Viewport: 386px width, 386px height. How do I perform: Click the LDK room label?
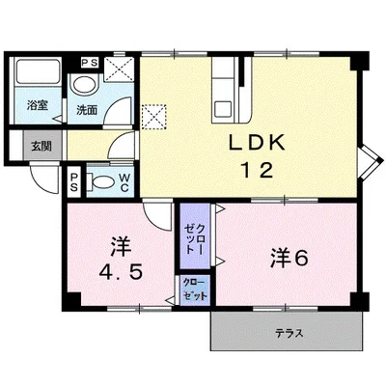tap(257, 143)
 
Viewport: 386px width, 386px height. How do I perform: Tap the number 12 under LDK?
tap(257, 170)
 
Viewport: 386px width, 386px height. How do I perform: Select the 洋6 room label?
tap(289, 258)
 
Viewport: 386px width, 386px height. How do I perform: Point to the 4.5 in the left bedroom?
tap(121, 273)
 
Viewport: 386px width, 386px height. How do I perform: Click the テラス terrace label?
tap(289, 333)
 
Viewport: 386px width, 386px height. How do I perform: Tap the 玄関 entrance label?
tap(41, 147)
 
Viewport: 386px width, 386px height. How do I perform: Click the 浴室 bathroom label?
tap(38, 105)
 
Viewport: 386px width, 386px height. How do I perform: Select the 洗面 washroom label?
tap(87, 110)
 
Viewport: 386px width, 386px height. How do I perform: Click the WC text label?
tap(124, 182)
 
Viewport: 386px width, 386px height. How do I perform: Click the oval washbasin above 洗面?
tap(85, 85)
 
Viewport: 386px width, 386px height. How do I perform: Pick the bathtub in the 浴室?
tap(38, 72)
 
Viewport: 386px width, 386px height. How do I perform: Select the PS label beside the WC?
tap(74, 182)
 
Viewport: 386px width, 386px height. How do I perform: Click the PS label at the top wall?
tap(90, 63)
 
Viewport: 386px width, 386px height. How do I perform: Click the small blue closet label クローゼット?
tap(194, 289)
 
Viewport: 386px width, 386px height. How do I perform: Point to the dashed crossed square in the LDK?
tap(153, 116)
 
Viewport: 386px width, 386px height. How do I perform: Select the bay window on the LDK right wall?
tap(371, 161)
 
